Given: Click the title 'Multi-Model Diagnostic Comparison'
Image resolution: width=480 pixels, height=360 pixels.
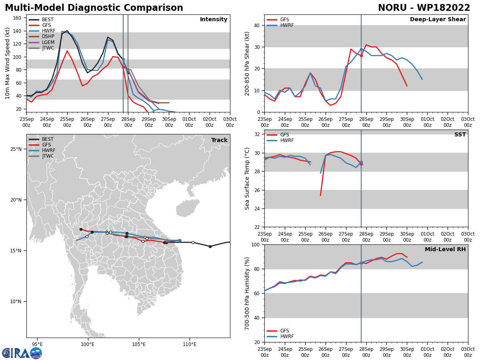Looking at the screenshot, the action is pyautogui.click(x=94, y=8).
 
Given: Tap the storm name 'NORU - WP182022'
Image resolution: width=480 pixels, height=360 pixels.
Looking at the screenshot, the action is pyautogui.click(x=424, y=8).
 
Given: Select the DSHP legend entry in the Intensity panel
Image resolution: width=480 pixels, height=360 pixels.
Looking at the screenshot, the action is pyautogui.click(x=42, y=36).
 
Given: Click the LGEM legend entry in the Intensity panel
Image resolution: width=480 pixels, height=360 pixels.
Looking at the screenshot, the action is pyautogui.click(x=42, y=42).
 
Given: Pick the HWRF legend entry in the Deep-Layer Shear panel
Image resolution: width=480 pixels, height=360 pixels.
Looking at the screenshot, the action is pyautogui.click(x=280, y=25).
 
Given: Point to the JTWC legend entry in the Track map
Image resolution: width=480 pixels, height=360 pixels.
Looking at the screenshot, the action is pyautogui.click(x=41, y=156).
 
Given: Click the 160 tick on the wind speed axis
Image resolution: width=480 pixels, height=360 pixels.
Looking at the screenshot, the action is pyautogui.click(x=17, y=18).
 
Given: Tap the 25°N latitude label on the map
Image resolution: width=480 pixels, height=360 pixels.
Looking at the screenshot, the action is pyautogui.click(x=16, y=149).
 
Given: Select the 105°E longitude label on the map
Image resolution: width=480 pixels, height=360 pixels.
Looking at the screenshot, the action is pyautogui.click(x=139, y=344).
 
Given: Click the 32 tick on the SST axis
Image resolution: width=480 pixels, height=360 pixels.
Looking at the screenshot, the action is pyautogui.click(x=257, y=134).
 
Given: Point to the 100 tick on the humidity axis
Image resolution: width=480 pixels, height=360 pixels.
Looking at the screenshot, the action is pyautogui.click(x=256, y=244).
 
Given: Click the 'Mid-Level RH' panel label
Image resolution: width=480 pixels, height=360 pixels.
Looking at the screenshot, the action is pyautogui.click(x=445, y=249).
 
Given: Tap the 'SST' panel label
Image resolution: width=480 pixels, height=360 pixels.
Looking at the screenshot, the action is pyautogui.click(x=460, y=134).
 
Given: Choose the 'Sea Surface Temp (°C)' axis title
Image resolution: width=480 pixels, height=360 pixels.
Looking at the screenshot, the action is pyautogui.click(x=247, y=178).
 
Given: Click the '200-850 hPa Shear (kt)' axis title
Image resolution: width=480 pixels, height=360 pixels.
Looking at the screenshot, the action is pyautogui.click(x=247, y=64).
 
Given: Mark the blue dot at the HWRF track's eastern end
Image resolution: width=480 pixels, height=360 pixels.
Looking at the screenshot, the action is pyautogui.click(x=180, y=240).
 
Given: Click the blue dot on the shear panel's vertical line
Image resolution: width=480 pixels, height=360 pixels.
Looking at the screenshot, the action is pyautogui.click(x=362, y=50).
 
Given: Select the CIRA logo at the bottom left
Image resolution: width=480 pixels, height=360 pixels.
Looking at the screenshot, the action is pyautogui.click(x=22, y=353).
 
